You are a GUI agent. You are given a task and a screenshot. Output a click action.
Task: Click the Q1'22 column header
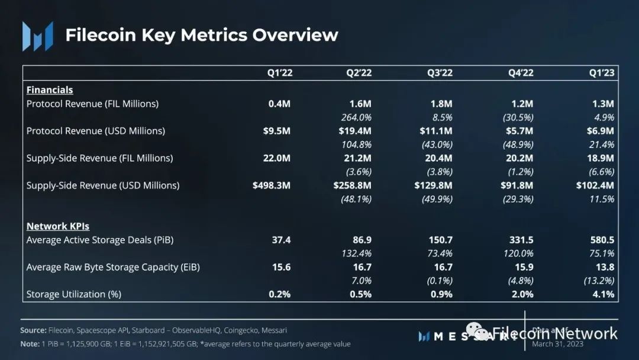coord(279,73)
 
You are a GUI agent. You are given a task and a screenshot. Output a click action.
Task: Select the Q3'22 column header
coord(440,73)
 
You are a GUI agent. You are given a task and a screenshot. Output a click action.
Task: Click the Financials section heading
coord(50,90)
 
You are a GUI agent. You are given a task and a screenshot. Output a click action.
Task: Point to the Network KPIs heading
coord(58,226)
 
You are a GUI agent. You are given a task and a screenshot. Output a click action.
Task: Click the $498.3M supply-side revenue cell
coord(272,185)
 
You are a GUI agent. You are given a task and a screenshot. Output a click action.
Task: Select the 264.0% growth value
coord(357,117)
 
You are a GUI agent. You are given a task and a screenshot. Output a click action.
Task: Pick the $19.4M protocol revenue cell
coord(355,131)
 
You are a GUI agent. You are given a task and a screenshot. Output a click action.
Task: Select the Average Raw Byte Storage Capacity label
coord(113,267)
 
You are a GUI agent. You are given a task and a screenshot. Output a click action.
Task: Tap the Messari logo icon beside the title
coord(38,36)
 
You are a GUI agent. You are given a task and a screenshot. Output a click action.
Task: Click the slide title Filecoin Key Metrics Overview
coord(201,35)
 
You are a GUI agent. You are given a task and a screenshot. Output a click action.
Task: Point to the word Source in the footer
coord(33,330)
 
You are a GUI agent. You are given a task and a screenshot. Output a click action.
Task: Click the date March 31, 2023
coord(558,344)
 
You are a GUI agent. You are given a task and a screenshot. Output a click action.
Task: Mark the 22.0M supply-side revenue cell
coord(276,158)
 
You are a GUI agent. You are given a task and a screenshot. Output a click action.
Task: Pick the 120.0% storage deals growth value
coord(518,253)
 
